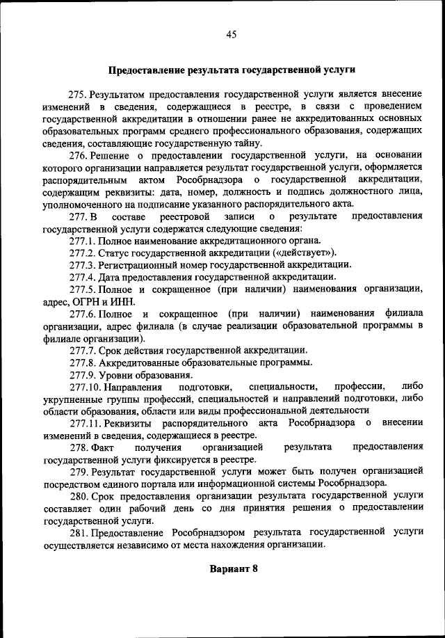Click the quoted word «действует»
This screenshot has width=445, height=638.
(308, 252)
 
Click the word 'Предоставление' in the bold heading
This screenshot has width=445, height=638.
(143, 70)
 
